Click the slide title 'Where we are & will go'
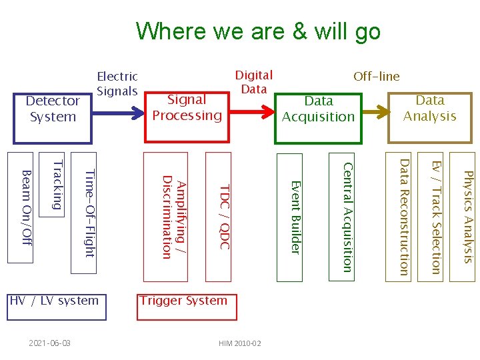(x=258, y=31)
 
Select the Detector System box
(x=52, y=109)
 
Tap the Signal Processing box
(x=187, y=107)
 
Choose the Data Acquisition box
(x=318, y=109)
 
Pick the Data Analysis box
(x=429, y=108)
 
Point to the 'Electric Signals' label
(x=117, y=84)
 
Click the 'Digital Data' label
(x=254, y=82)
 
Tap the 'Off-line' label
(x=377, y=76)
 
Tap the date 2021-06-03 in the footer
(x=50, y=343)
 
